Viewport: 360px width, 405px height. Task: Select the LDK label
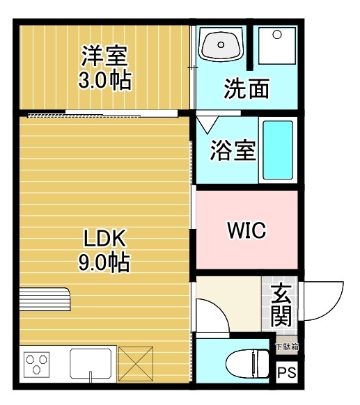pos(104,239)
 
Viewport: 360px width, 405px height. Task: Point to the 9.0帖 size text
pos(104,264)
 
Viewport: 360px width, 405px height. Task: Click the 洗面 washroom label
pos(246,90)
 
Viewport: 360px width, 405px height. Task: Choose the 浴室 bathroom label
pos(233,151)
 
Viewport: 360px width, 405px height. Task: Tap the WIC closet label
pos(246,230)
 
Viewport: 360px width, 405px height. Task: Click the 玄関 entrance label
pos(281,304)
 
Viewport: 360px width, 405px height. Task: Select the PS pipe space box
pos(286,373)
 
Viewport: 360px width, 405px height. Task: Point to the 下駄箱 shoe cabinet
pos(285,346)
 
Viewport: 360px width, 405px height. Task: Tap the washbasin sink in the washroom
pos(221,47)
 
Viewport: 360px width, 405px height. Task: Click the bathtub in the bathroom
pos(278,150)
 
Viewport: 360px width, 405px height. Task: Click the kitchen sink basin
pos(91,363)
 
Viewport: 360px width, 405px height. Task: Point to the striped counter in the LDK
pos(44,301)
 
